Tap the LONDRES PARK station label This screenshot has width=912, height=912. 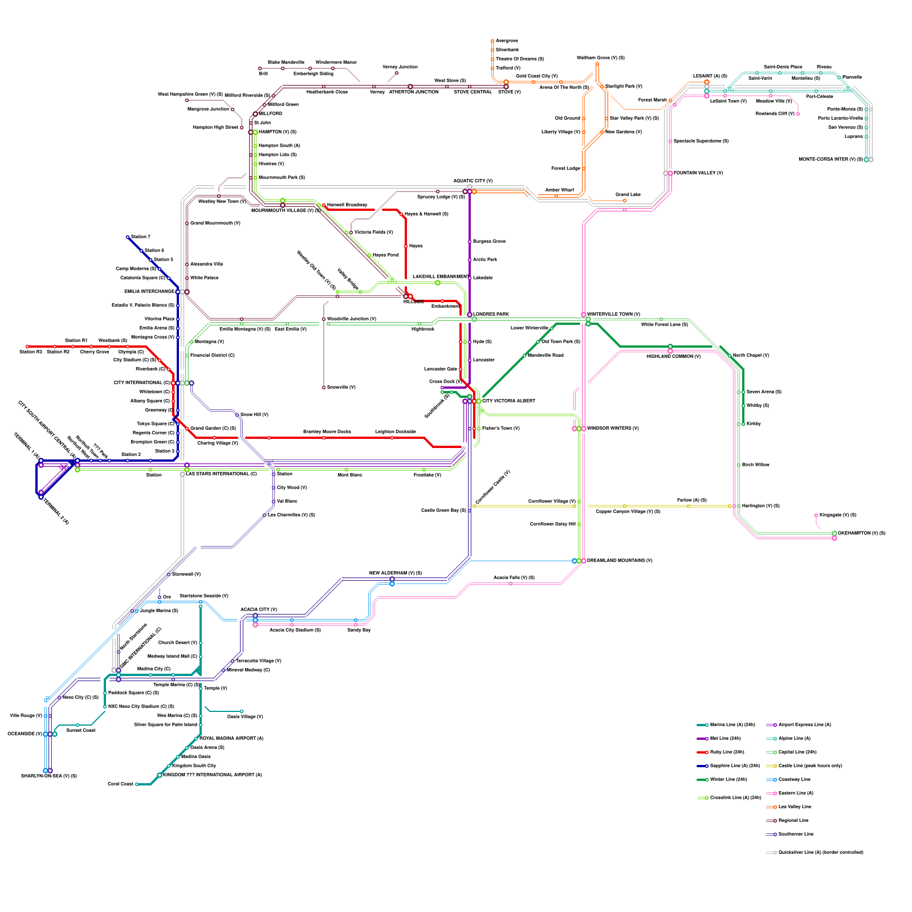[491, 314]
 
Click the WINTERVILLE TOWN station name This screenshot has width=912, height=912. [613, 314]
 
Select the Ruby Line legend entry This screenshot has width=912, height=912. [727, 752]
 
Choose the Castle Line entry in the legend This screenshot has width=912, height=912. [810, 766]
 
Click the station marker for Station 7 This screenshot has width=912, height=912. [128, 237]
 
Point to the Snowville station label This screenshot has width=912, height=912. [341, 387]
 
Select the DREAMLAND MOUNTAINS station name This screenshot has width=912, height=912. [620, 560]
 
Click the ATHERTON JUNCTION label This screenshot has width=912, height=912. [413, 92]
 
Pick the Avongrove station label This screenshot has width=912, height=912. [507, 40]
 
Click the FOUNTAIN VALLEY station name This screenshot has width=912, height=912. [698, 173]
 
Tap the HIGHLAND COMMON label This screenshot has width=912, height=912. [673, 356]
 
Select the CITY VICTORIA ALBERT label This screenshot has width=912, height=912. [508, 401]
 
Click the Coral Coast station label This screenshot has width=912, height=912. [120, 784]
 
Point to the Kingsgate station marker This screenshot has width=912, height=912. [816, 515]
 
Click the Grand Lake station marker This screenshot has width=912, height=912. [625, 201]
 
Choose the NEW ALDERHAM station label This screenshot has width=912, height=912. [395, 573]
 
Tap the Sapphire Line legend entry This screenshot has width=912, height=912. [735, 766]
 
